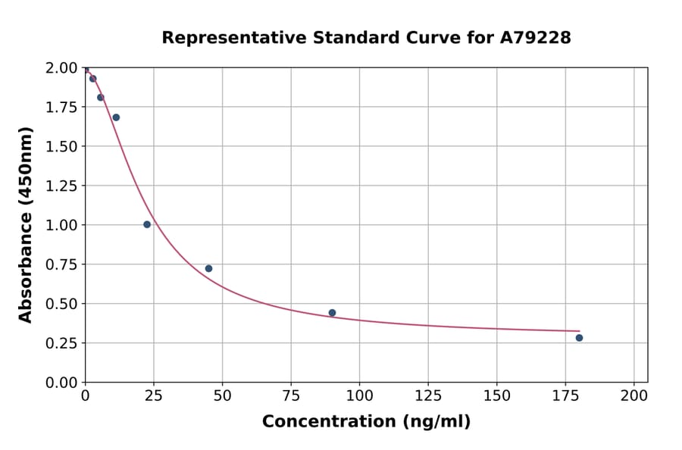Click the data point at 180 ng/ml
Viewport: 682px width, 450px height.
(579, 338)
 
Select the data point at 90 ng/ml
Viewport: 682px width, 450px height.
(332, 313)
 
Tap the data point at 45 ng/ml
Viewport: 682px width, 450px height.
(208, 268)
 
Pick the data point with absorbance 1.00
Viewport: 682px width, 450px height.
(147, 224)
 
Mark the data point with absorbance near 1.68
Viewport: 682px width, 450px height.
(116, 117)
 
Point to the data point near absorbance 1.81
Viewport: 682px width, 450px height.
(100, 98)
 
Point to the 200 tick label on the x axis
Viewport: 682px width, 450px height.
(634, 395)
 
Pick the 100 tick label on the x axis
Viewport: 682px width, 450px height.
(359, 395)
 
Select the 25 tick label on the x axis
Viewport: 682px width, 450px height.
(154, 395)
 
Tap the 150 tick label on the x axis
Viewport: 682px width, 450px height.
(496, 395)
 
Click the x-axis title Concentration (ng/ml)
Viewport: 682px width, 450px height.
(366, 422)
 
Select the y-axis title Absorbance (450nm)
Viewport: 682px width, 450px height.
(26, 225)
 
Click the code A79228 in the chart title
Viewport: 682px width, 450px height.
(535, 38)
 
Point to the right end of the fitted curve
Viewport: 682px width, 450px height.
(579, 331)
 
